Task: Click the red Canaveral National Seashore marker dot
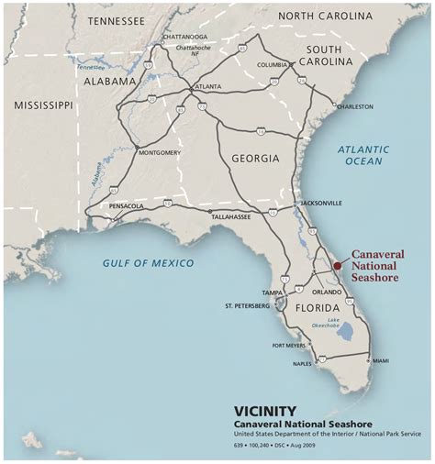pyautogui.click(x=337, y=265)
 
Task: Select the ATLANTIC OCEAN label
pyautogui.click(x=362, y=155)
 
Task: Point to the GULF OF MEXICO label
pyautogui.click(x=148, y=263)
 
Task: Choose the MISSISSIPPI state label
pyautogui.click(x=43, y=106)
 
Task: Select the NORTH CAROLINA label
pyautogui.click(x=325, y=17)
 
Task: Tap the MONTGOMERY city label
pyautogui.click(x=160, y=153)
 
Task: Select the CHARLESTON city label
pyautogui.click(x=354, y=106)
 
